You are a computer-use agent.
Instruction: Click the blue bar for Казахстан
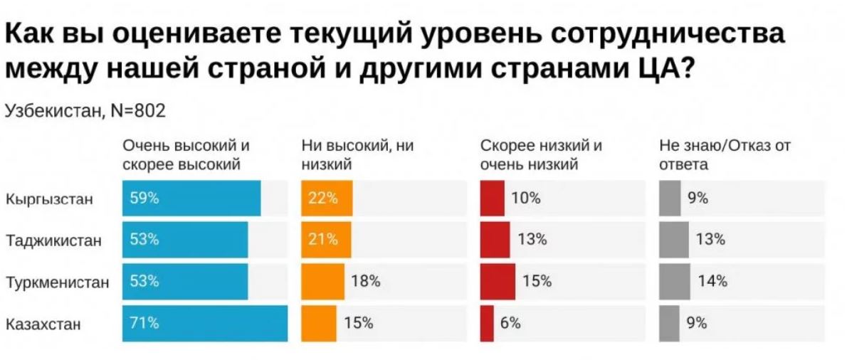pyautogui.click(x=205, y=323)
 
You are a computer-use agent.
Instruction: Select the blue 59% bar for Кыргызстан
pyautogui.click(x=191, y=198)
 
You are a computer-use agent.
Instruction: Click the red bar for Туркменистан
pyautogui.click(x=498, y=281)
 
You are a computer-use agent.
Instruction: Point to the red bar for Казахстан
pyautogui.click(x=487, y=323)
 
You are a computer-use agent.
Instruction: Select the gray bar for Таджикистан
pyautogui.click(x=674, y=240)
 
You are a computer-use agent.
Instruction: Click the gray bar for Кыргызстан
pyautogui.click(x=669, y=198)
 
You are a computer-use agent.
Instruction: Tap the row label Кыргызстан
pyautogui.click(x=49, y=199)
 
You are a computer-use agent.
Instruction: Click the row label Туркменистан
pyautogui.click(x=58, y=282)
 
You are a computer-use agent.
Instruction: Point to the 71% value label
pyautogui.click(x=144, y=323)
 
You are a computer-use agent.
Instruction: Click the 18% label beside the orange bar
pyautogui.click(x=366, y=281)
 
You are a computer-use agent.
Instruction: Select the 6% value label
pyautogui.click(x=510, y=323)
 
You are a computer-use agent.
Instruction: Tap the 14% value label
pyautogui.click(x=712, y=281)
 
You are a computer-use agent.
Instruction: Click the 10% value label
pyautogui.click(x=525, y=198)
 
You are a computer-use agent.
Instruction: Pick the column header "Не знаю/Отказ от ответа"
pyautogui.click(x=725, y=155)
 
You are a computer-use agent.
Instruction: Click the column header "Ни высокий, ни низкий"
pyautogui.click(x=357, y=155)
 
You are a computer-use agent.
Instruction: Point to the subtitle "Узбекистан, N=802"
pyautogui.click(x=85, y=111)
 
